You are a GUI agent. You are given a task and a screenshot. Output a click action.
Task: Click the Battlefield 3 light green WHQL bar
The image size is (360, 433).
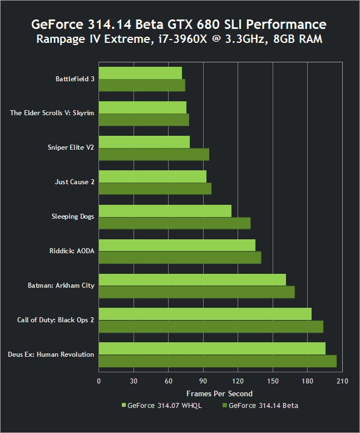(140, 73)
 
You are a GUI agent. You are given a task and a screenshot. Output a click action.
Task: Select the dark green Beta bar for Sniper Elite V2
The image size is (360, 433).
(154, 154)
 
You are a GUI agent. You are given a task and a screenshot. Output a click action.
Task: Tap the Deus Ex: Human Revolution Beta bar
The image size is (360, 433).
(218, 361)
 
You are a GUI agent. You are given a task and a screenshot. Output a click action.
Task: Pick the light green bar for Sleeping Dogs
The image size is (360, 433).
(165, 210)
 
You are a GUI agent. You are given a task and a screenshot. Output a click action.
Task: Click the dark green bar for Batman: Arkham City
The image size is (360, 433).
(196, 292)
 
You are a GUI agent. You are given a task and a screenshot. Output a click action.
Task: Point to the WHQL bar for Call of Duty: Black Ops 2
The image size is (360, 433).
(205, 314)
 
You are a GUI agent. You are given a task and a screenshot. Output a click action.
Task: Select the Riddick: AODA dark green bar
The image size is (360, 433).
(180, 258)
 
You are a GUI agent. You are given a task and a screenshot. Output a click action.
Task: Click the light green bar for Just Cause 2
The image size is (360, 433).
(152, 176)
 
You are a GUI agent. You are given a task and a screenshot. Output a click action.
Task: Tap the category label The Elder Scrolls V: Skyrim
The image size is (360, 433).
(52, 113)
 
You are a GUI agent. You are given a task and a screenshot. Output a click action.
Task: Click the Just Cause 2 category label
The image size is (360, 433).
(75, 182)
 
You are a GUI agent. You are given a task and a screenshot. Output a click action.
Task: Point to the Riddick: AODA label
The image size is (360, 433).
(72, 251)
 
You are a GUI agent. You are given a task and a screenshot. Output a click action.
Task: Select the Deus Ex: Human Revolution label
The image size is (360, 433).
(51, 355)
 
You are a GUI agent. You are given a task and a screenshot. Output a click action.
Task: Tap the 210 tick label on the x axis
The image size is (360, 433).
(342, 381)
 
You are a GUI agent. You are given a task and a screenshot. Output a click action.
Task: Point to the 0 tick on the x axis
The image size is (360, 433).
(99, 381)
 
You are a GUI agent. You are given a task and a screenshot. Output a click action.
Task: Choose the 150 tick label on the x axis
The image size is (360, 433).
(273, 381)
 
